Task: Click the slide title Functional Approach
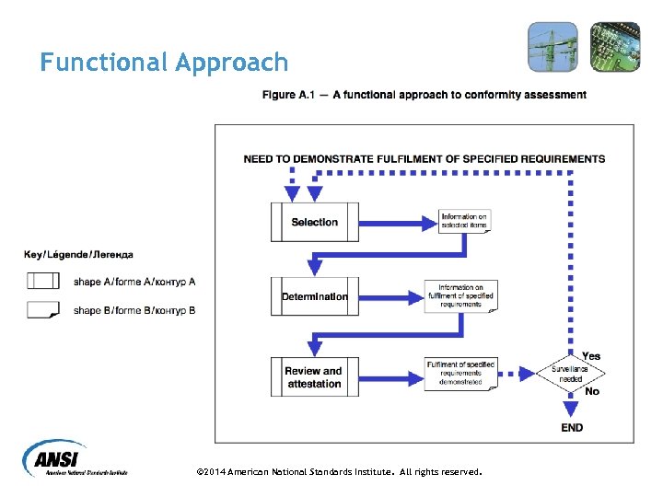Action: [x=164, y=63]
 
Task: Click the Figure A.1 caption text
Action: [x=424, y=95]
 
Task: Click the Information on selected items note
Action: [x=464, y=221]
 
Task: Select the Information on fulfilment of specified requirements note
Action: [x=460, y=296]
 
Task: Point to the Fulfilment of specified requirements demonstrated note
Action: [x=460, y=373]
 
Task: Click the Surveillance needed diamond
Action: [x=570, y=373]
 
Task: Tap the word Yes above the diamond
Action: [x=591, y=355]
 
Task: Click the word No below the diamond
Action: [x=591, y=391]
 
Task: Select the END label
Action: [x=571, y=427]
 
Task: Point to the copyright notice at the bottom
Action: [x=339, y=471]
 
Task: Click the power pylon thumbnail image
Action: [x=552, y=47]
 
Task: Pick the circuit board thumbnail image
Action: [x=614, y=47]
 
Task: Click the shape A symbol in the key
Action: [x=43, y=281]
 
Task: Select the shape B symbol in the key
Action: [x=43, y=310]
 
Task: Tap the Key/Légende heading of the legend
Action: [x=78, y=255]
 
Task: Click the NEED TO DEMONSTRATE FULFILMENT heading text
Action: [x=424, y=158]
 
